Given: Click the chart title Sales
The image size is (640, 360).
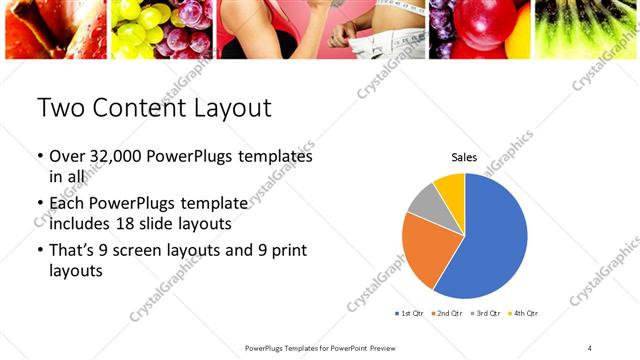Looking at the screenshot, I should pyautogui.click(x=464, y=157).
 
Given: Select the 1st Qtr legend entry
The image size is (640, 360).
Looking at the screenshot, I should pyautogui.click(x=410, y=314).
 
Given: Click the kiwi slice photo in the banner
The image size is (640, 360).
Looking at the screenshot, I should pyautogui.click(x=588, y=28).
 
